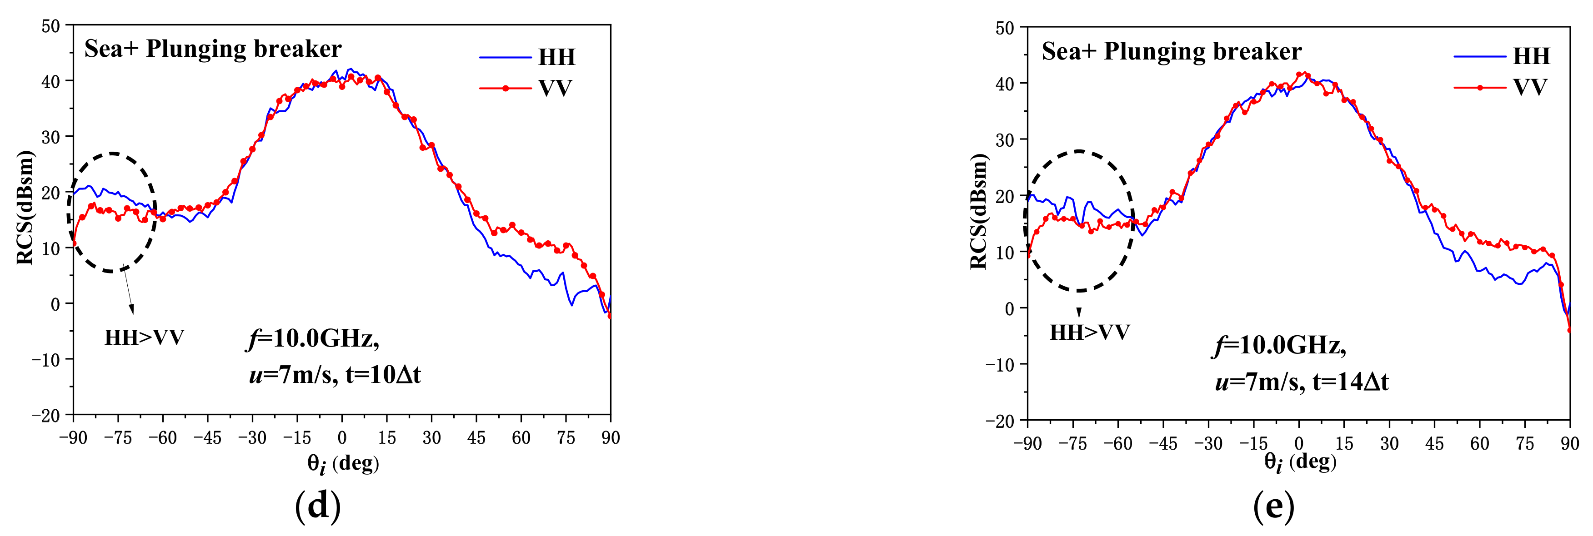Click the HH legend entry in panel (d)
point(556,57)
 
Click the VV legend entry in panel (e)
point(1530,87)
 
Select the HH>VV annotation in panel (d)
point(144,337)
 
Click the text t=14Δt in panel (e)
point(1351,382)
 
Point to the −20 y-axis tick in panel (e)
point(1000,422)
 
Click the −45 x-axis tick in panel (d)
point(207,438)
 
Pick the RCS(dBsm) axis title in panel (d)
point(25,208)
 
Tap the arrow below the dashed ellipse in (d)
point(128,291)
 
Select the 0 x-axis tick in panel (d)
point(342,438)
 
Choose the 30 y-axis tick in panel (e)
point(1004,140)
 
